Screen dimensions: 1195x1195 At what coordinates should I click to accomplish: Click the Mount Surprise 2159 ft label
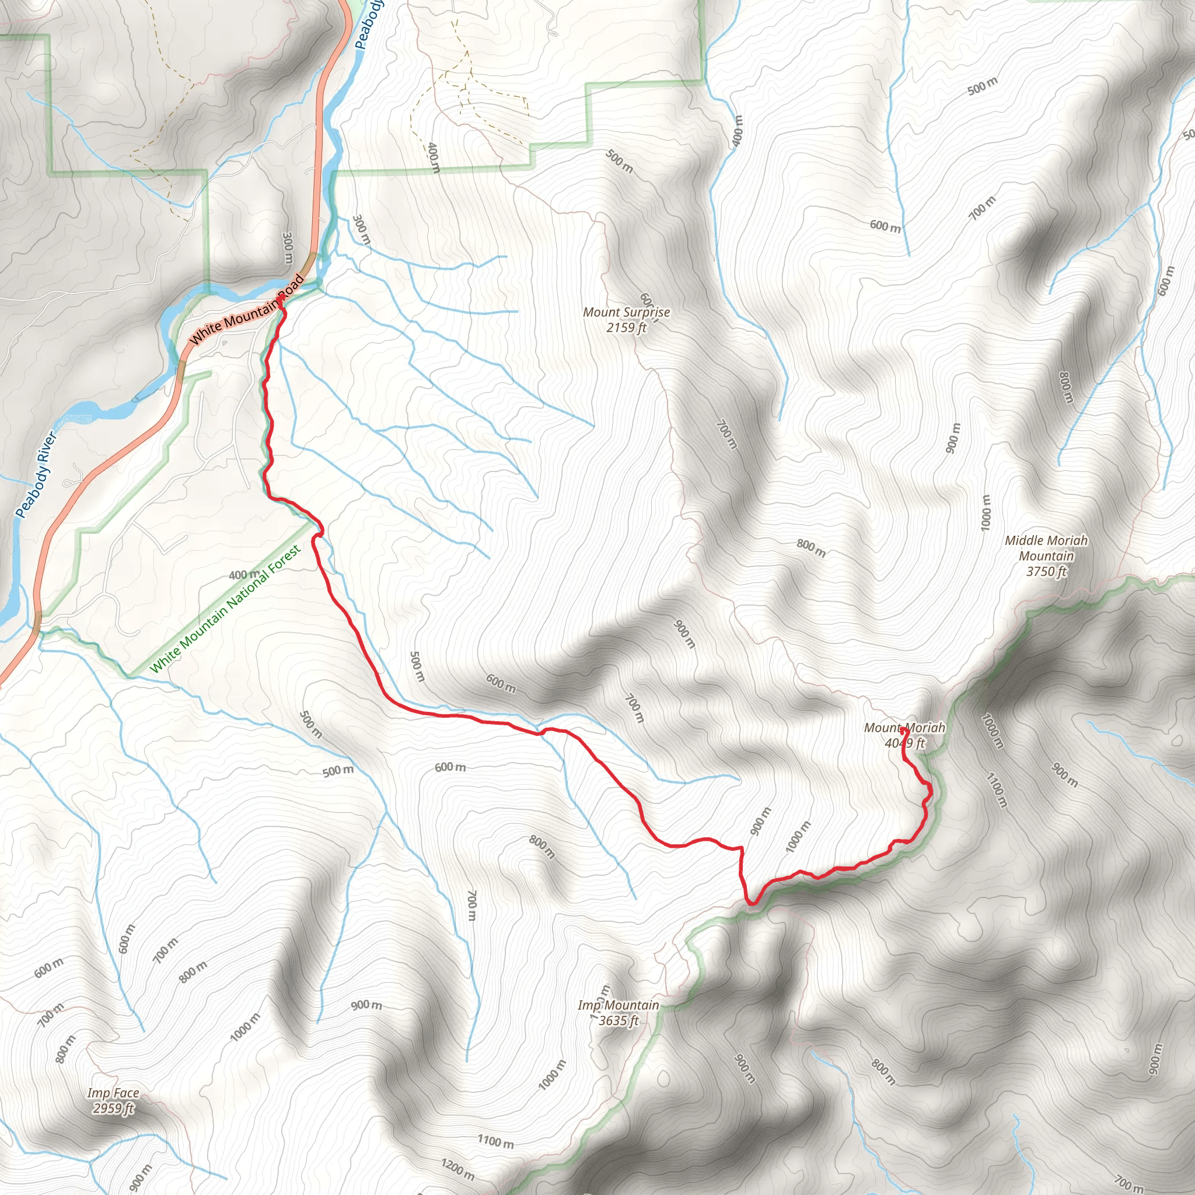(626, 320)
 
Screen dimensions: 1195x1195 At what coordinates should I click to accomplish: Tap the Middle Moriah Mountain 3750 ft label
(1046, 555)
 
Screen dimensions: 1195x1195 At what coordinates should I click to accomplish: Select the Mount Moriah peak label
(904, 735)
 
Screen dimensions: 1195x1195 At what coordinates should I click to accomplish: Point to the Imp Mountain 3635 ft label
(618, 1012)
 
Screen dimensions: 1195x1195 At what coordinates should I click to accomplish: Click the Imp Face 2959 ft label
(113, 1100)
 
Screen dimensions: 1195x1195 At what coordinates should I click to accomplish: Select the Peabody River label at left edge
(36, 474)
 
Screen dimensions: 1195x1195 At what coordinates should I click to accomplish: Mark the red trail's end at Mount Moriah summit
(904, 729)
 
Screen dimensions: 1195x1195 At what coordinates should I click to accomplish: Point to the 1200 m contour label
(457, 1168)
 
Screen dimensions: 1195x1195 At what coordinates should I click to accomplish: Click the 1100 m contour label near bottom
(495, 1141)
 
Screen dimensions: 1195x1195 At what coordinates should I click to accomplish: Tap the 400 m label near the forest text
(244, 575)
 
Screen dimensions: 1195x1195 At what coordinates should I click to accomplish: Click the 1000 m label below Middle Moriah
(986, 512)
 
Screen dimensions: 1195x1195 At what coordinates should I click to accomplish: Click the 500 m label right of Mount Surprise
(982, 86)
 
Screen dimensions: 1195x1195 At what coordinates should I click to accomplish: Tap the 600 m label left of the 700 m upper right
(885, 226)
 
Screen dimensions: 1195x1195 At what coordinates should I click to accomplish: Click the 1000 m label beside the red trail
(797, 837)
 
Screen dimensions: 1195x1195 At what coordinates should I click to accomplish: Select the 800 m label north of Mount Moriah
(810, 547)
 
